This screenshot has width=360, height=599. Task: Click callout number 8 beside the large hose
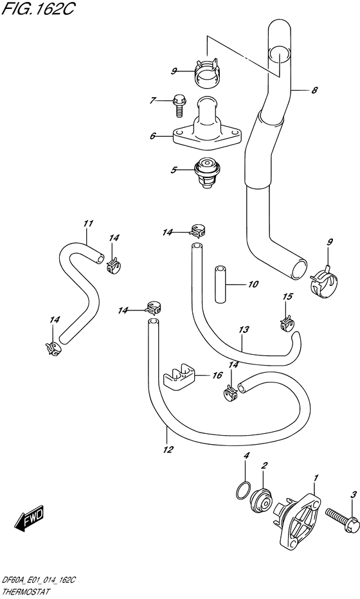(x=314, y=91)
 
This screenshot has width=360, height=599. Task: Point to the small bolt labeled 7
(x=179, y=105)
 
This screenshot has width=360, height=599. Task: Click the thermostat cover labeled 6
(x=206, y=129)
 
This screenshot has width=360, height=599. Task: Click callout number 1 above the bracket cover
(x=316, y=478)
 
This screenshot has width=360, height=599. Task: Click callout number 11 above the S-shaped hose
(x=88, y=224)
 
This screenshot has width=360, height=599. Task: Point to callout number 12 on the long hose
(x=168, y=449)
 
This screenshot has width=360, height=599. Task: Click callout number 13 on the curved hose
(x=243, y=330)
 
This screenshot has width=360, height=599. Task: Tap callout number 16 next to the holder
(x=217, y=375)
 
